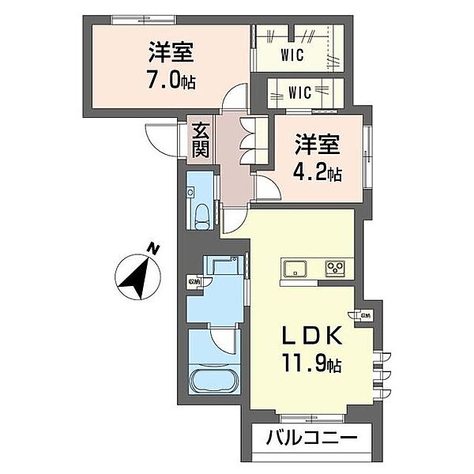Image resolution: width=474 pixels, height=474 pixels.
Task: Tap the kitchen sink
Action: (296, 269)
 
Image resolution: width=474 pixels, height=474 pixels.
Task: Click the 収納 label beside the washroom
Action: (194, 281)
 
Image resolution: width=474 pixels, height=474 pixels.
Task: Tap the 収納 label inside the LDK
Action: (365, 315)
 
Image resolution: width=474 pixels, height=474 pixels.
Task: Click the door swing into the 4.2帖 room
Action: (265, 188)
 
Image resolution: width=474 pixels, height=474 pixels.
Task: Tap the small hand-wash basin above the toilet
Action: (193, 193)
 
